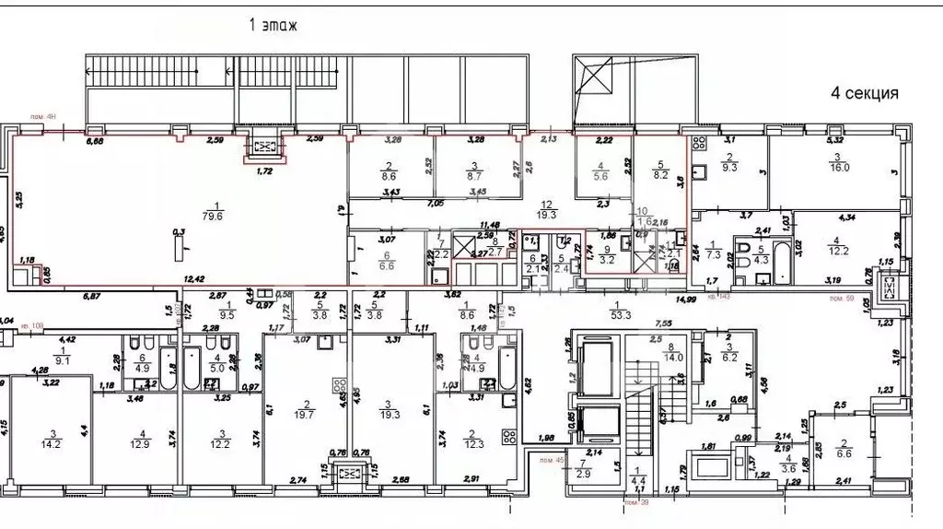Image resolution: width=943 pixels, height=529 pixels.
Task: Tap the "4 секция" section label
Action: click(864, 93)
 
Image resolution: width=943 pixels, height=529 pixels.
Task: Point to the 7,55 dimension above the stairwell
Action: click(662, 324)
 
